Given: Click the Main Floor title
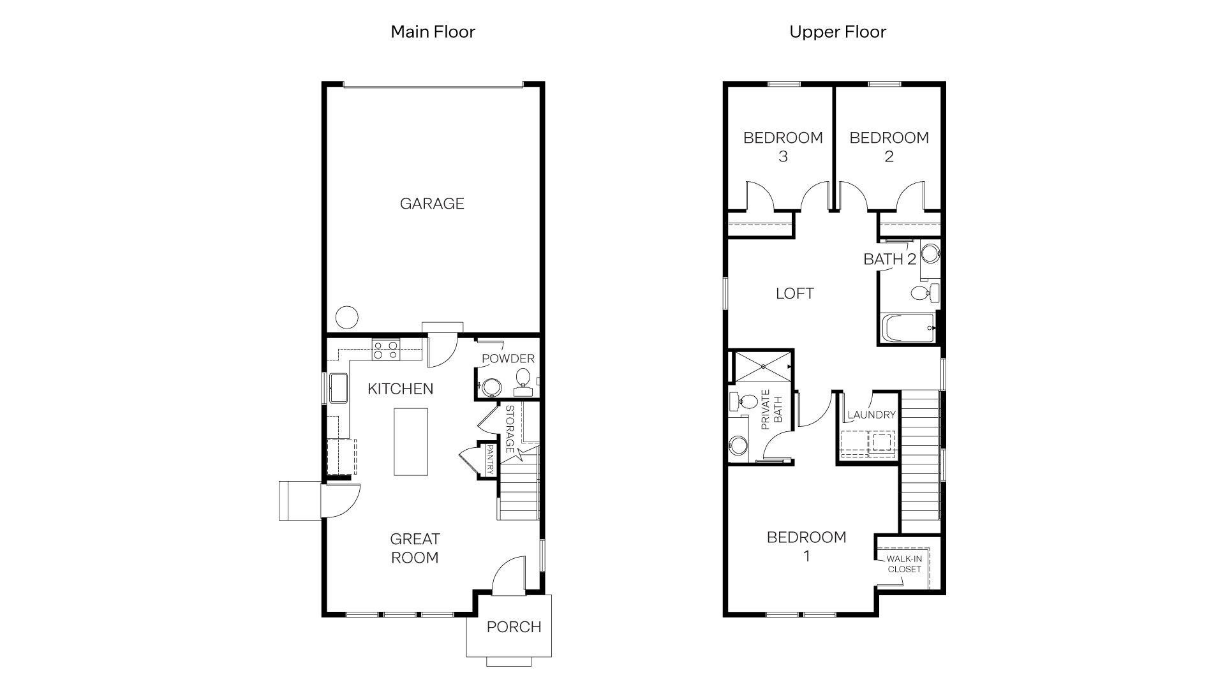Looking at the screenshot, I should [433, 32].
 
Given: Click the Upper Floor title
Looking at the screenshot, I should [837, 32].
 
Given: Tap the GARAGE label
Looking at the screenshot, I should [432, 204].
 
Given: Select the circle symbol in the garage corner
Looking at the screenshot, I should [347, 317].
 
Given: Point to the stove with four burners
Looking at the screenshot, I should [386, 350].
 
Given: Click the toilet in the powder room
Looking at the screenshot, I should [523, 377].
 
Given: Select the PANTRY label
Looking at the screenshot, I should [489, 459].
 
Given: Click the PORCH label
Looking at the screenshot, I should [514, 627].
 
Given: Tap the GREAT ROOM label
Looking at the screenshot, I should [415, 548].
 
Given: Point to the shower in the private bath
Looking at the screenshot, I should [762, 367].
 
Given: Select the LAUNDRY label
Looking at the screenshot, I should [872, 415].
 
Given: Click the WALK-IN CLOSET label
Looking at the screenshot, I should [904, 564].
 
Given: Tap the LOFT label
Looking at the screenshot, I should [794, 293].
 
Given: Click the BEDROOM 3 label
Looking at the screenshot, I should [783, 147].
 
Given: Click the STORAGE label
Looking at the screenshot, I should [510, 429].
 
